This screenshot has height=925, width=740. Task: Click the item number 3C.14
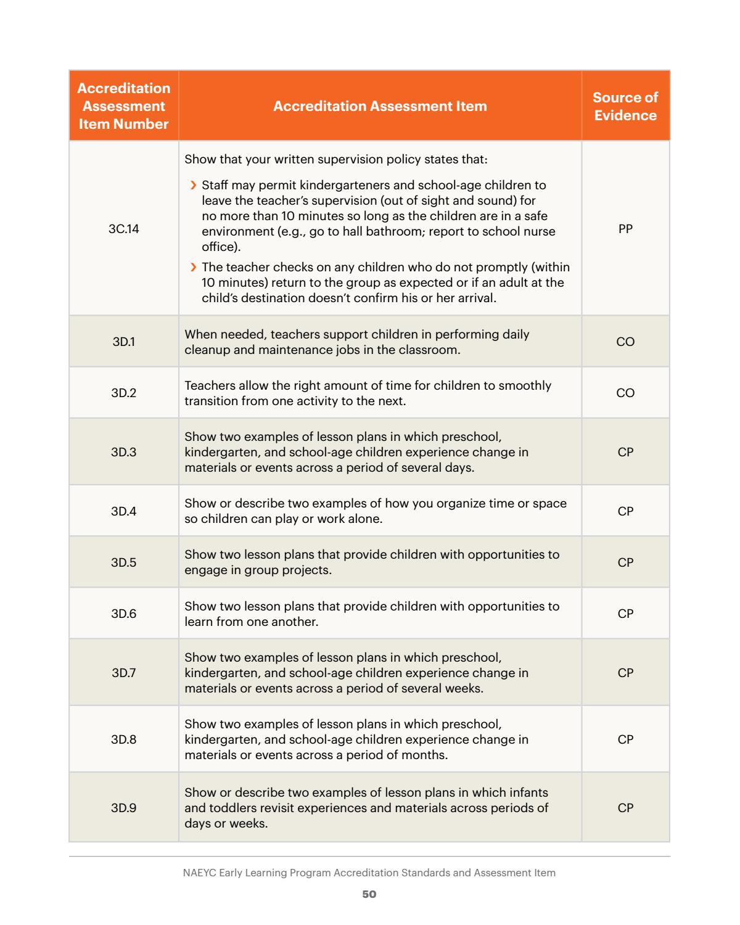[123, 229]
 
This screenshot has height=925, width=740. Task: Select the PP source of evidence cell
[625, 229]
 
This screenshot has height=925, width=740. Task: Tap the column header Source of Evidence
[625, 106]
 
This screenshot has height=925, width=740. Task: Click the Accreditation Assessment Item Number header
[123, 106]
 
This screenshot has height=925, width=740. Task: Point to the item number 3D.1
[123, 342]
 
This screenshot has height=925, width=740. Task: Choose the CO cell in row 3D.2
[625, 393]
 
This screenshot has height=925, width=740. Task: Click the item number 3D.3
[123, 452]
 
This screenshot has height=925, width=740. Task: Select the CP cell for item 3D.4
[625, 511]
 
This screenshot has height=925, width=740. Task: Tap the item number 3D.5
[123, 562]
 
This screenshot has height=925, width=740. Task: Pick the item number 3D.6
[123, 614]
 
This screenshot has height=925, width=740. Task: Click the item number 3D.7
[123, 673]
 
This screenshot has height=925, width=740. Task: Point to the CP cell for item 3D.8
[625, 739]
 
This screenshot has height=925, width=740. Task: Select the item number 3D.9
[123, 808]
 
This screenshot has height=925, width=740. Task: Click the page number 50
[369, 894]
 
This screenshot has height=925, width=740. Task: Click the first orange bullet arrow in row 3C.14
[194, 185]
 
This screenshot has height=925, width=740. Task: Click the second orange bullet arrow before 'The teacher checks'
[194, 267]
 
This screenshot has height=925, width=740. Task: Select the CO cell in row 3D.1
[625, 342]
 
